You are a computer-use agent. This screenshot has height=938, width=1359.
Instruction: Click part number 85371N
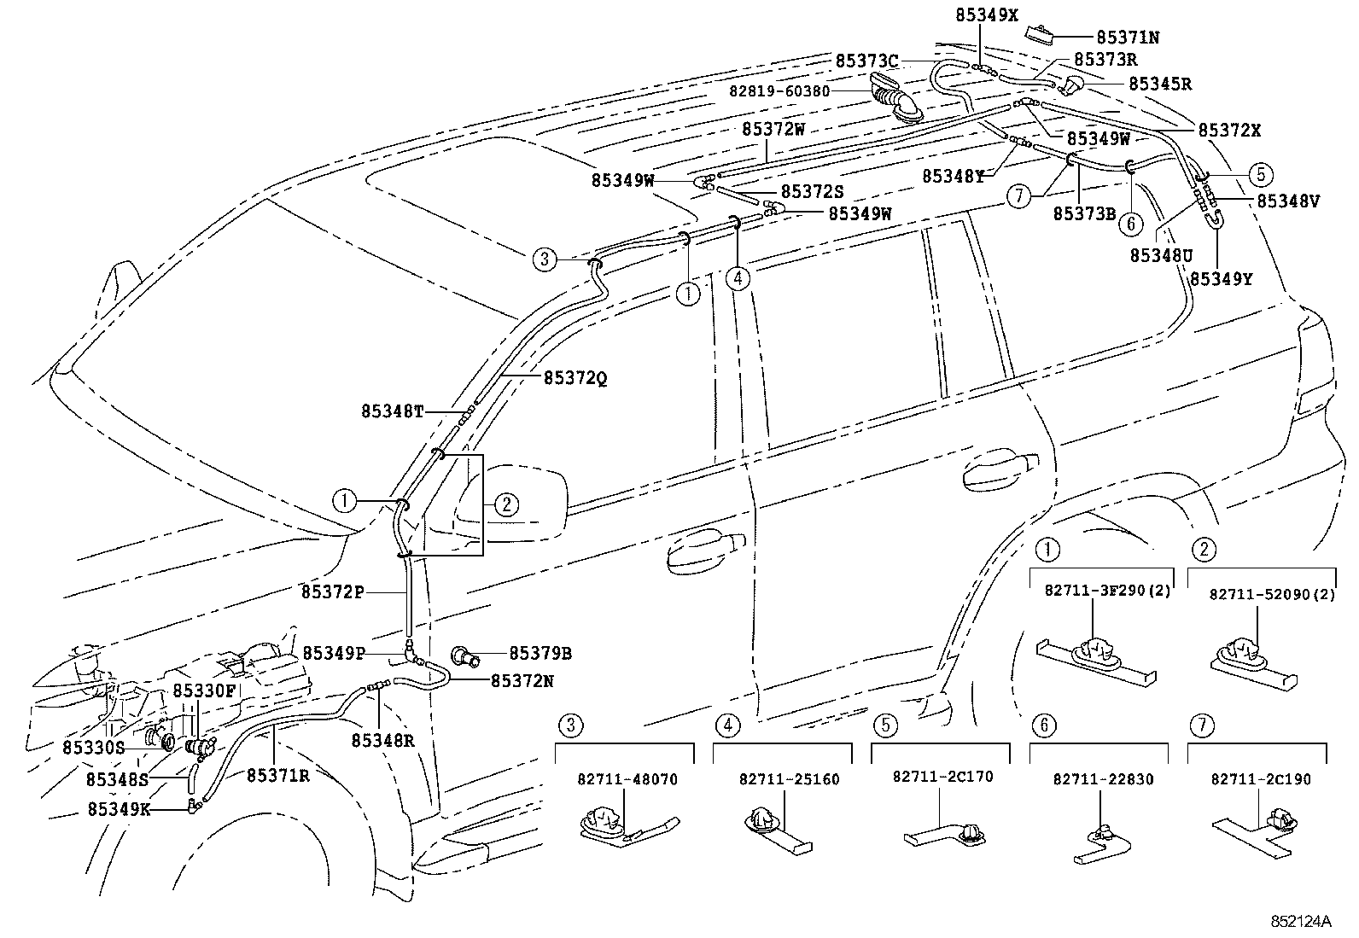tap(1127, 38)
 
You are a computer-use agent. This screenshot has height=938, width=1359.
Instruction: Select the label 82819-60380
tap(779, 90)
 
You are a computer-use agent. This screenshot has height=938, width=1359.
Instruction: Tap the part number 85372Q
tap(575, 377)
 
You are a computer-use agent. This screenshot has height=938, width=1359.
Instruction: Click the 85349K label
tap(119, 809)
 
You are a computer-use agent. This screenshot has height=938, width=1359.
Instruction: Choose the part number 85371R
tap(277, 775)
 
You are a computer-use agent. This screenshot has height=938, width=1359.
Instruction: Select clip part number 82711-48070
tap(627, 779)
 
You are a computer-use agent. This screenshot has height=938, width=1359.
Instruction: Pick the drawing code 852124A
tap(1300, 923)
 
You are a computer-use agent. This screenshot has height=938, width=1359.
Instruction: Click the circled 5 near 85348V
tap(1260, 175)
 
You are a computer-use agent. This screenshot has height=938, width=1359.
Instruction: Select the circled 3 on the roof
tap(545, 258)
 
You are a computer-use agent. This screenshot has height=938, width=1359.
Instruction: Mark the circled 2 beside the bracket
tap(505, 504)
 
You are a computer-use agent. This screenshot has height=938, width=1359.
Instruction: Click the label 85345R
tap(1159, 84)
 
